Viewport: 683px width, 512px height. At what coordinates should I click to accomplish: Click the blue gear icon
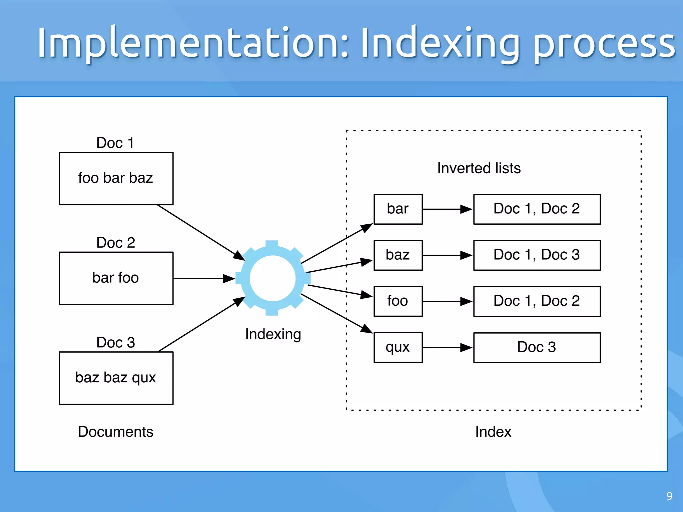tap(272, 278)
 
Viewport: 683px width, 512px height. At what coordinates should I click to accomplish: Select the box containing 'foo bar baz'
tap(116, 178)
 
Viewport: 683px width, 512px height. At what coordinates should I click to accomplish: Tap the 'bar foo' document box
tap(116, 278)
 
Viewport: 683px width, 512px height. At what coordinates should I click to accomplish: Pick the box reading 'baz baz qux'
tap(116, 378)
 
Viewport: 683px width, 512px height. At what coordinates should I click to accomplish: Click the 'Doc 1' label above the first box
tap(115, 143)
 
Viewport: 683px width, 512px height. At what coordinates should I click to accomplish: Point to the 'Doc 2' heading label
tap(115, 242)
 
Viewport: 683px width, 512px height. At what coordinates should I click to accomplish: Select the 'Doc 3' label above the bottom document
tap(115, 342)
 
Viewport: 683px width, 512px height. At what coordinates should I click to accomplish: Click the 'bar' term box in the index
tap(398, 209)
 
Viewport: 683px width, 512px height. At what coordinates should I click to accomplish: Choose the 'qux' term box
tap(398, 347)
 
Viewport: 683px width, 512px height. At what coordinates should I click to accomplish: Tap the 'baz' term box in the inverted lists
tap(398, 255)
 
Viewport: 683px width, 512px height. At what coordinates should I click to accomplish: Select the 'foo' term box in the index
tap(398, 301)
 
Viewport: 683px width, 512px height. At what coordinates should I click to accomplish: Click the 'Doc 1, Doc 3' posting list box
tap(537, 255)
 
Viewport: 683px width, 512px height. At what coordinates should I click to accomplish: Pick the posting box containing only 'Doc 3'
tap(537, 347)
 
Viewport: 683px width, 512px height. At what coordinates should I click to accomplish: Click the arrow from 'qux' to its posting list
tap(447, 348)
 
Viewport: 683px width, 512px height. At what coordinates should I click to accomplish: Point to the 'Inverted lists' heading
tap(479, 168)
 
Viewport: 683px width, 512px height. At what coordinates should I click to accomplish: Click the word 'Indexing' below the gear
tap(273, 334)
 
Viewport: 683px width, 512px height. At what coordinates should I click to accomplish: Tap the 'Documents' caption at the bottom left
tap(115, 432)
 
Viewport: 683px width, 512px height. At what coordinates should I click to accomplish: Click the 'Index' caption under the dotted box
tap(493, 432)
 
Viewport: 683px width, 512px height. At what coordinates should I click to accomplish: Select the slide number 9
tap(669, 496)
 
